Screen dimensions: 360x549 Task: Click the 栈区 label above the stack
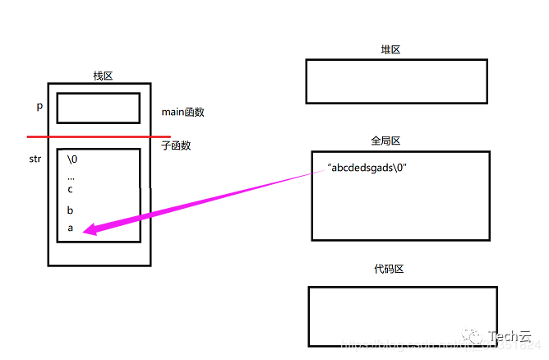click(103, 76)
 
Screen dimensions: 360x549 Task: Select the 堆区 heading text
click(390, 50)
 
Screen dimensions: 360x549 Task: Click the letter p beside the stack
click(39, 107)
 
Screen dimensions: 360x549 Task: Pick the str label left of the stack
click(35, 159)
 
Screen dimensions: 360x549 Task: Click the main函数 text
click(182, 112)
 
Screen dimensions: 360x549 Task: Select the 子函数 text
click(176, 145)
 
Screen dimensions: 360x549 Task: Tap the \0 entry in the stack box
click(72, 159)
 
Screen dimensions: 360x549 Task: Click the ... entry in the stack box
click(71, 174)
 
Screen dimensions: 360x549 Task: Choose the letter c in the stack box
click(70, 189)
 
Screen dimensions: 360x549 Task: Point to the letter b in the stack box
click(70, 210)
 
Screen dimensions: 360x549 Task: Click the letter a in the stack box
click(70, 228)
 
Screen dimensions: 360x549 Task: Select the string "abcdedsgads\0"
click(367, 168)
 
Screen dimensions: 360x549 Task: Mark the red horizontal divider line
click(99, 136)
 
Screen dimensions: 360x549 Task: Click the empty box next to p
click(99, 108)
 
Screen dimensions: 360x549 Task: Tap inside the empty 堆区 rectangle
click(396, 81)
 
